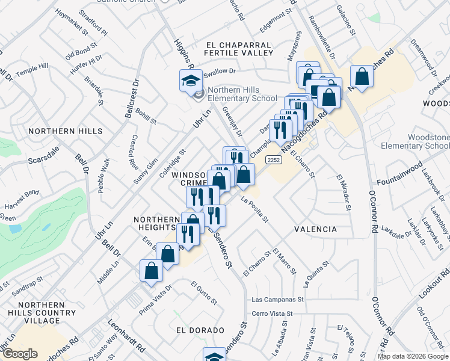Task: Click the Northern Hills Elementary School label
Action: pos(242,94)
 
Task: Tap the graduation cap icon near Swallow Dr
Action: pos(191,80)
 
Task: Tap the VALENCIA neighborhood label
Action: pos(315,229)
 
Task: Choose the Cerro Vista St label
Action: pos(272,313)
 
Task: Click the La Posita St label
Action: pos(254,208)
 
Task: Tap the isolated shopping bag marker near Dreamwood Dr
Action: pos(362,77)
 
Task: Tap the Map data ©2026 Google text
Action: pos(413,356)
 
